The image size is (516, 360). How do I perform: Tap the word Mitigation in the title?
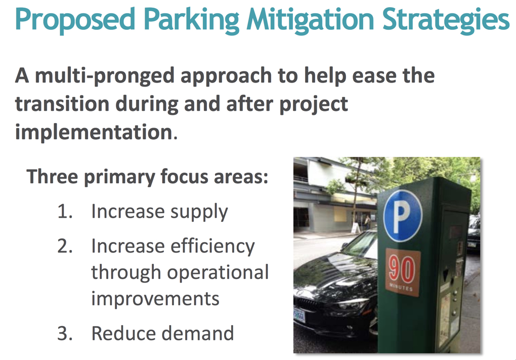(310, 20)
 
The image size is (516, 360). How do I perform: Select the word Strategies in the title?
(446, 20)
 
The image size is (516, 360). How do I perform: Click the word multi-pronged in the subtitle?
(105, 76)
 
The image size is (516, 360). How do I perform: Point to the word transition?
(62, 104)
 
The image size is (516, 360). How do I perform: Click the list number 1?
(65, 211)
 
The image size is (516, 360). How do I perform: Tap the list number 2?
(65, 246)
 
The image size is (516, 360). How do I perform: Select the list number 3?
(65, 333)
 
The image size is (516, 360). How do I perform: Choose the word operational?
(218, 273)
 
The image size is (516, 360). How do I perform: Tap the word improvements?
(155, 299)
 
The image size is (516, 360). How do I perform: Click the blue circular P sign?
(402, 215)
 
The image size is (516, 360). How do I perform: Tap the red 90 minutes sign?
(403, 272)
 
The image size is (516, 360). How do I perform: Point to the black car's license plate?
(299, 315)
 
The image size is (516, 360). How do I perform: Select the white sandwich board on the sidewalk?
(356, 227)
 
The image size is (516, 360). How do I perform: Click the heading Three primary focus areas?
(147, 177)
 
